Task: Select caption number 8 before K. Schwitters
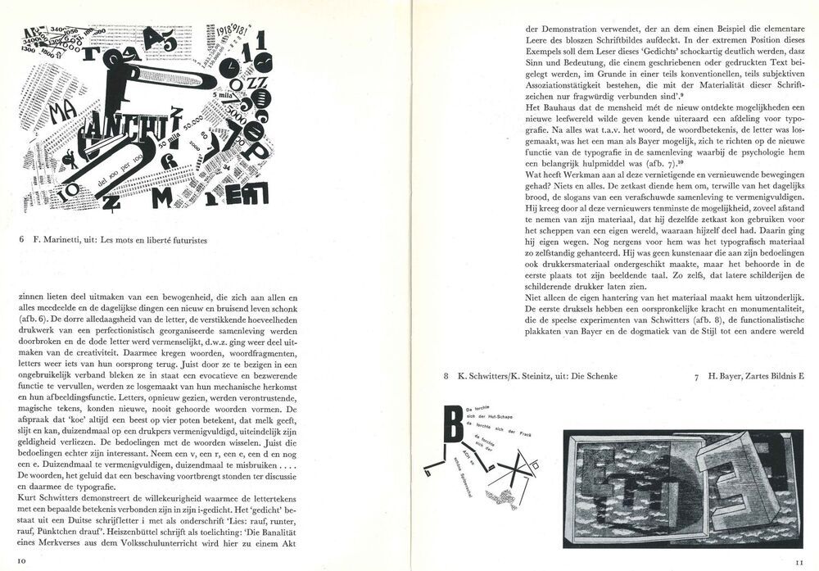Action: point(446,376)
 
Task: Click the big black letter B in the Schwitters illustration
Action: point(450,424)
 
